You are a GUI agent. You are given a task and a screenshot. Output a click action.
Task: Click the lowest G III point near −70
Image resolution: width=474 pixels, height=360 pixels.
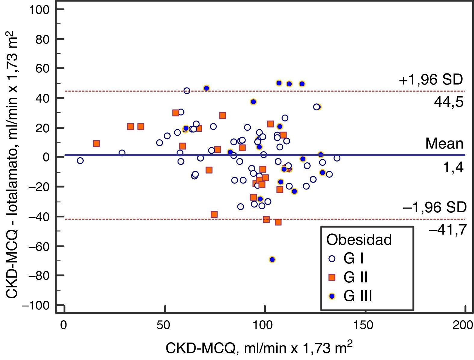pos(272,260)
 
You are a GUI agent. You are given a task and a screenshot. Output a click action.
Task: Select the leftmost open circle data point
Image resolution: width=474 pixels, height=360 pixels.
pos(80,161)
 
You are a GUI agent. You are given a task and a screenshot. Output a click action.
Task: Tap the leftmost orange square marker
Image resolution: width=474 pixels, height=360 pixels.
pos(96,144)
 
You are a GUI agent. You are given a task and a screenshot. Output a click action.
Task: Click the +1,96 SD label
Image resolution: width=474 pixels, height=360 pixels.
pos(431,80)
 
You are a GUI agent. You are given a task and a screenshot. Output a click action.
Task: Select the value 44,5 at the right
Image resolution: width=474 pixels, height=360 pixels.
pos(449,102)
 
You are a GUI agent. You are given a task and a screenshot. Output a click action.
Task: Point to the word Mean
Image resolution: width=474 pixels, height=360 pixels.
pos(444,143)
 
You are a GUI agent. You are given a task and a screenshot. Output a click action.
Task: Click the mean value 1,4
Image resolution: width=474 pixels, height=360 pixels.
pos(453,168)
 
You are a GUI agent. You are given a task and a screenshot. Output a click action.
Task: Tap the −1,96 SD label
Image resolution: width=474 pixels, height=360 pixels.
pos(435,207)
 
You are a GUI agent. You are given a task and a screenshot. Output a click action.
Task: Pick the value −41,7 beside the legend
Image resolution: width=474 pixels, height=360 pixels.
pos(447,230)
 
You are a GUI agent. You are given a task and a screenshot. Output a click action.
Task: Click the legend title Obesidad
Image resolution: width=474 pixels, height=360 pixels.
pos(359,240)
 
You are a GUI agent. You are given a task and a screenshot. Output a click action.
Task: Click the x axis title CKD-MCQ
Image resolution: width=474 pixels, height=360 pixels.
pos(259,349)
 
